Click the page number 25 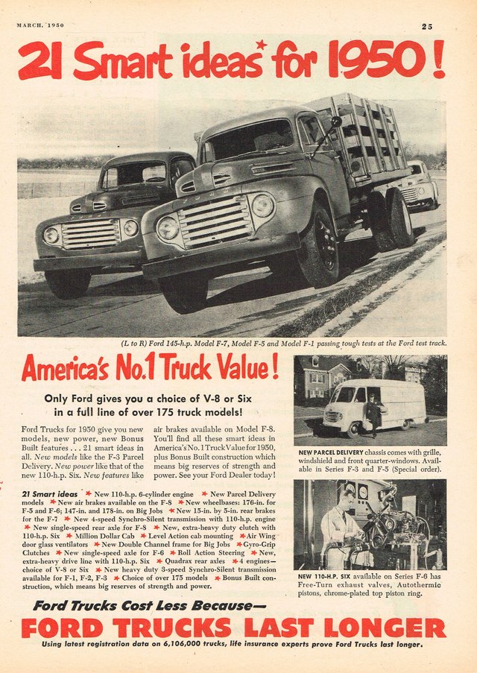point(426,26)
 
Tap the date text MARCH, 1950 point(40,25)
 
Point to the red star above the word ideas point(261,45)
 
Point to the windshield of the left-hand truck point(134,175)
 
